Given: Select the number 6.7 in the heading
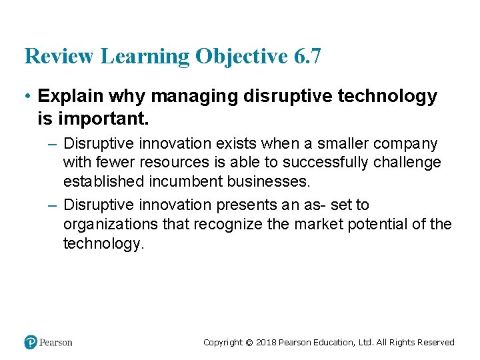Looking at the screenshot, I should click(x=307, y=56).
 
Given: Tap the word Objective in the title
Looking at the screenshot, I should click(x=241, y=56).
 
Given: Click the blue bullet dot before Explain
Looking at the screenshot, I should click(x=29, y=97).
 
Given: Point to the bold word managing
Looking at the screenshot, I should click(x=194, y=97).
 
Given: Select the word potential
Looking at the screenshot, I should click(x=376, y=224).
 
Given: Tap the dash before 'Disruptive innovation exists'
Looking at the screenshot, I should click(x=54, y=144).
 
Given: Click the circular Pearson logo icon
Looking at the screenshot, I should click(x=31, y=342).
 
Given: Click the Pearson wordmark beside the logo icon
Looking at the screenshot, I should click(x=56, y=343).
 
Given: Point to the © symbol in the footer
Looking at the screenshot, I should click(x=249, y=343).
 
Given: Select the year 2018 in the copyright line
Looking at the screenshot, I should click(x=266, y=343).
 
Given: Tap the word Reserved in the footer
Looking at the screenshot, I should click(x=435, y=343).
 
